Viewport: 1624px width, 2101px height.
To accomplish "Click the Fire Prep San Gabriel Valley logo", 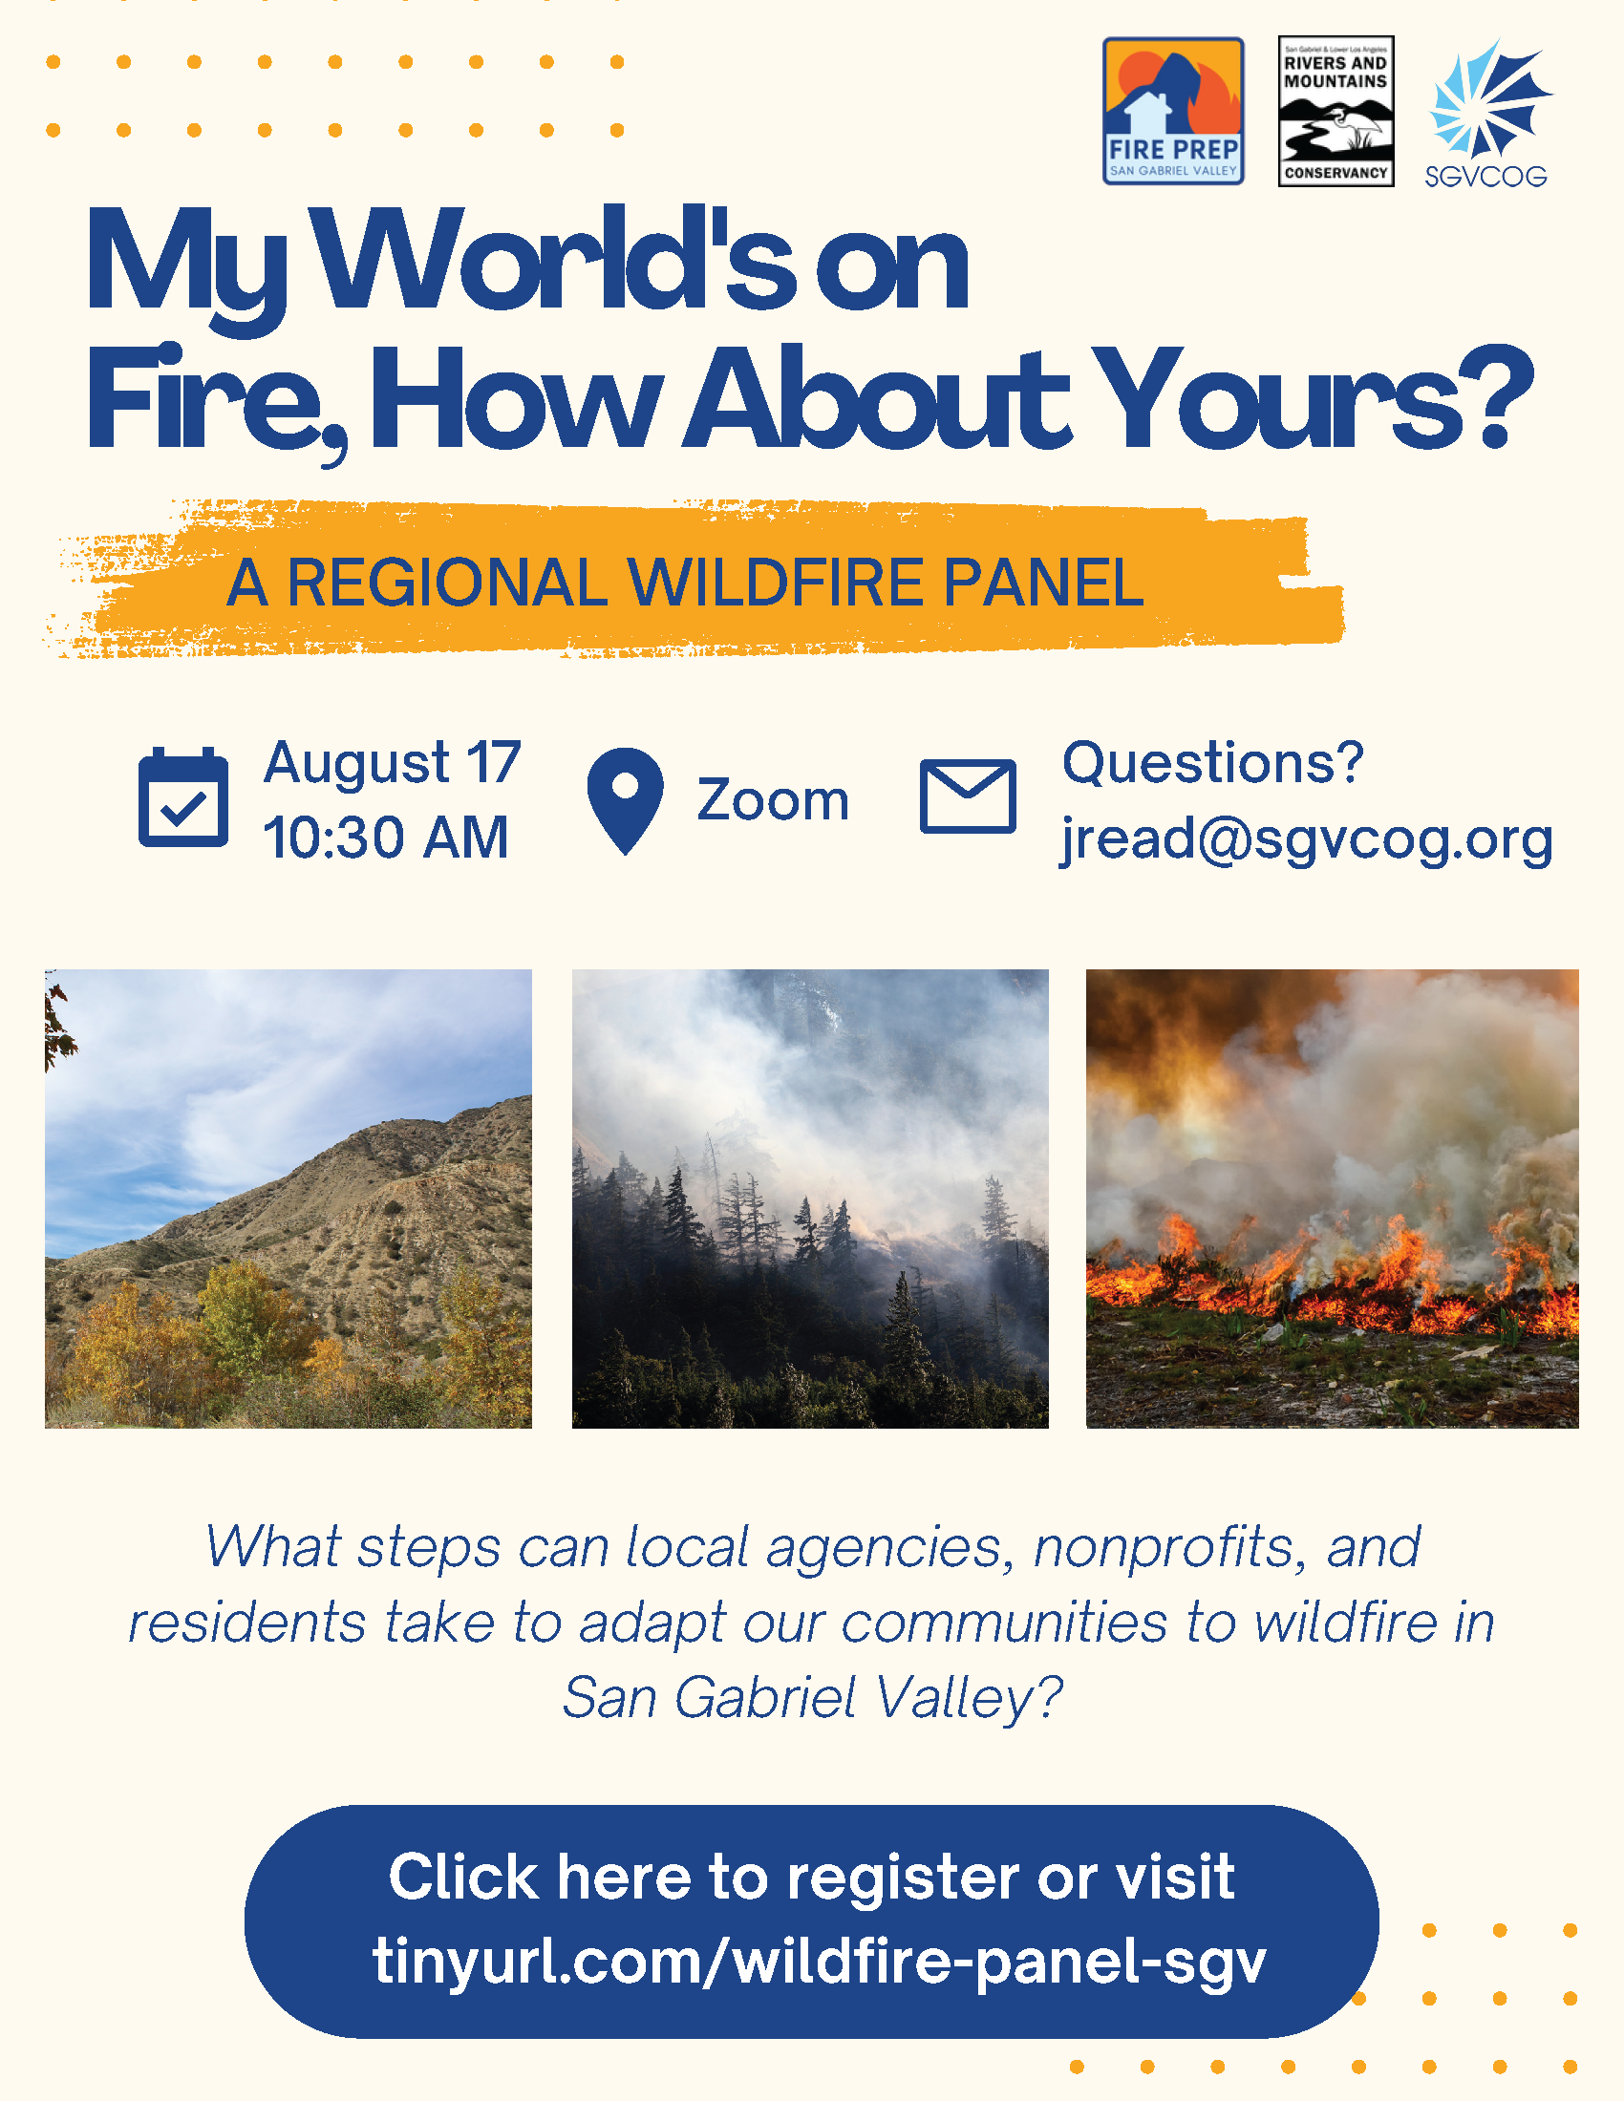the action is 1173,111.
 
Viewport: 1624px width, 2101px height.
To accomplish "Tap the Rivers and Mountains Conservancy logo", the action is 1336,111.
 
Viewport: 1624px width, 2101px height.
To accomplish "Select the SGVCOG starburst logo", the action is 1487,113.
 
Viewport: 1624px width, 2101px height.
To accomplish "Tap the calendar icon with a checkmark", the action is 182,796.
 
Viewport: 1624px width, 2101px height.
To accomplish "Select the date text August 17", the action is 393,764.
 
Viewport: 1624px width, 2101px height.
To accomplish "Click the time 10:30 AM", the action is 386,837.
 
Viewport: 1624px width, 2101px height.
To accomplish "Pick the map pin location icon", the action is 626,800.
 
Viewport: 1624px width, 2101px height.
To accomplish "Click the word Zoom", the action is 774,800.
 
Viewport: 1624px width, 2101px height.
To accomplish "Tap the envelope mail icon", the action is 968,796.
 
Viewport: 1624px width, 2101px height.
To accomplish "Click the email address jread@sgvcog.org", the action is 1307,839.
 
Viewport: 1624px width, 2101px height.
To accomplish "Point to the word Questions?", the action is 1213,763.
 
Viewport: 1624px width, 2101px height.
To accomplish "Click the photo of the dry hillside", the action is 288,1199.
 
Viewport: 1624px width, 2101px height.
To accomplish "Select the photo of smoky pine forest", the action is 810,1199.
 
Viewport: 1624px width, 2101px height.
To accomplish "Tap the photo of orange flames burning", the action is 1333,1199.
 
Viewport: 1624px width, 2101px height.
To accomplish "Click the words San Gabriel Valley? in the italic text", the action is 813,1698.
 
